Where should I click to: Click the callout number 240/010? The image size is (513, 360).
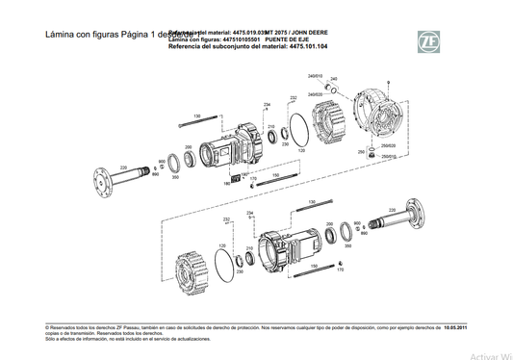pyautogui.click(x=314, y=75)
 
